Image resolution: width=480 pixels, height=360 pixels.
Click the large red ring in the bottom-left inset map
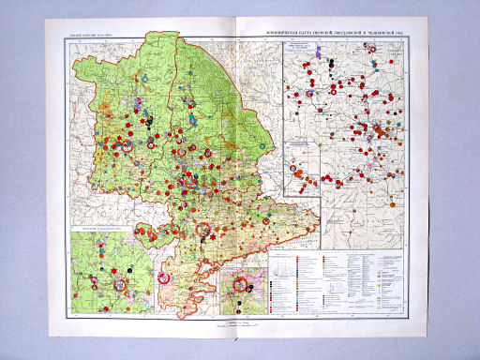(165, 277)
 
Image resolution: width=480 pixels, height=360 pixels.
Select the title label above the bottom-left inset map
(103, 228)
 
